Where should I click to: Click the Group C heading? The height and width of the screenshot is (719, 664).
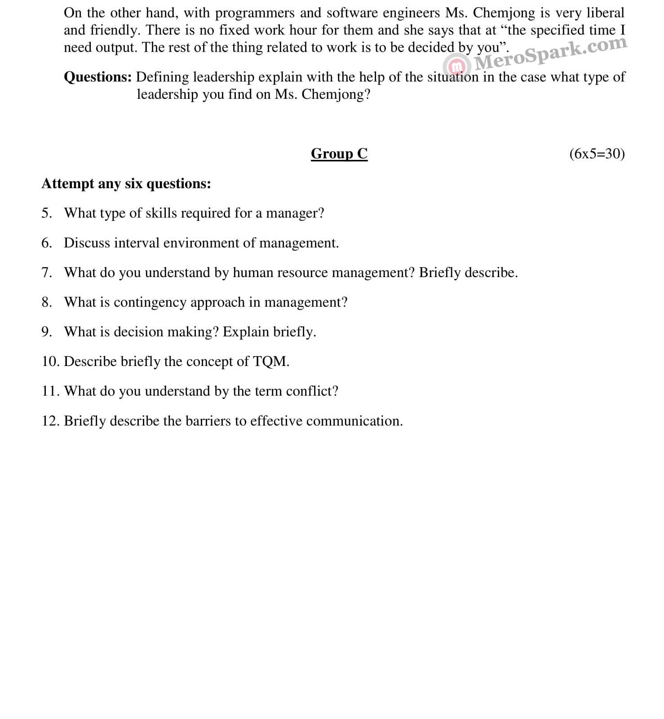339,154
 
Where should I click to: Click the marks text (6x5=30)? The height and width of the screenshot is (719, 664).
597,154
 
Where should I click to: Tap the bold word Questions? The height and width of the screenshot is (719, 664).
97,77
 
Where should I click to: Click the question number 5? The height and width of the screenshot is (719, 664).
46,213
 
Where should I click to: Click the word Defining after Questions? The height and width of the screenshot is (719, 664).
163,77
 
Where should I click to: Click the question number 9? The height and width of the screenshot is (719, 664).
46,332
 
